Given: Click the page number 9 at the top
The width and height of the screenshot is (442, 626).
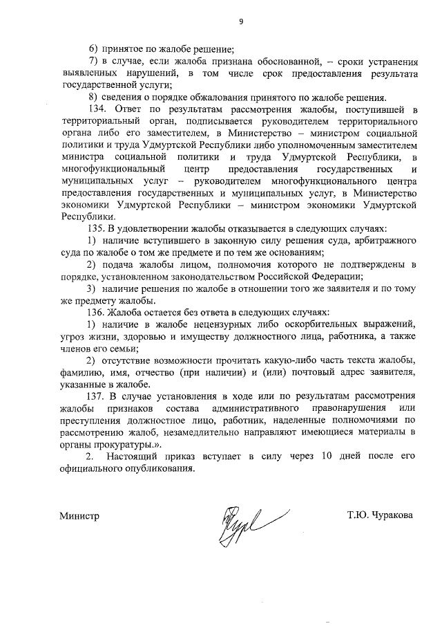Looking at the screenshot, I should pyautogui.click(x=241, y=21).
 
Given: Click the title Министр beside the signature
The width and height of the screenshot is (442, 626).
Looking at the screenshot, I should pyautogui.click(x=79, y=515).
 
